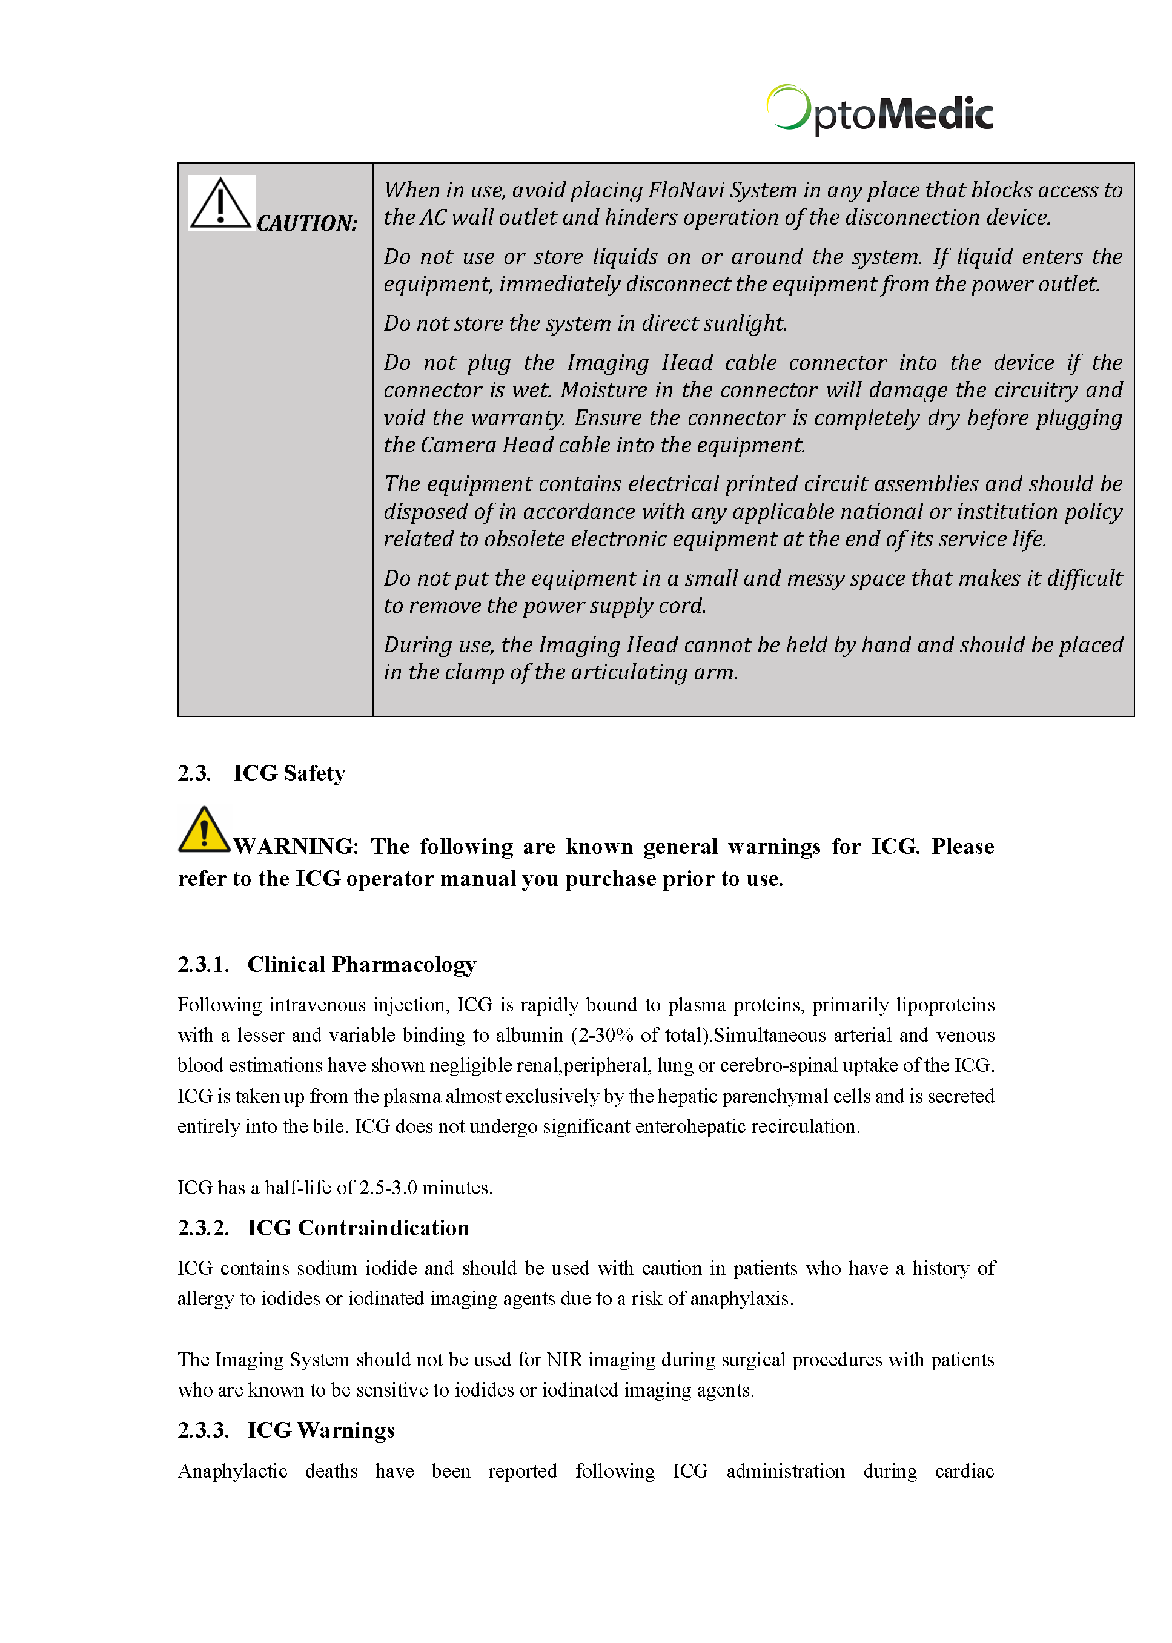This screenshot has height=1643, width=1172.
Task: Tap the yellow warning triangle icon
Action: click(x=204, y=830)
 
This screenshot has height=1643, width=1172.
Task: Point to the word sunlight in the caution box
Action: click(x=745, y=323)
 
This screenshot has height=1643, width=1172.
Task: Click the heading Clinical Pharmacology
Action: click(x=362, y=965)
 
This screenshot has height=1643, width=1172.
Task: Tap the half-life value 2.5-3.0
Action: click(x=388, y=1188)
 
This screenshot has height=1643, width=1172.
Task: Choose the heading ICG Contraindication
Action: click(x=358, y=1228)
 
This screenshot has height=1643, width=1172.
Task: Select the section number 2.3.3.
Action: click(x=204, y=1430)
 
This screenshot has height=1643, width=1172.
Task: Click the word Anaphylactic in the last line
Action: click(x=233, y=1471)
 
